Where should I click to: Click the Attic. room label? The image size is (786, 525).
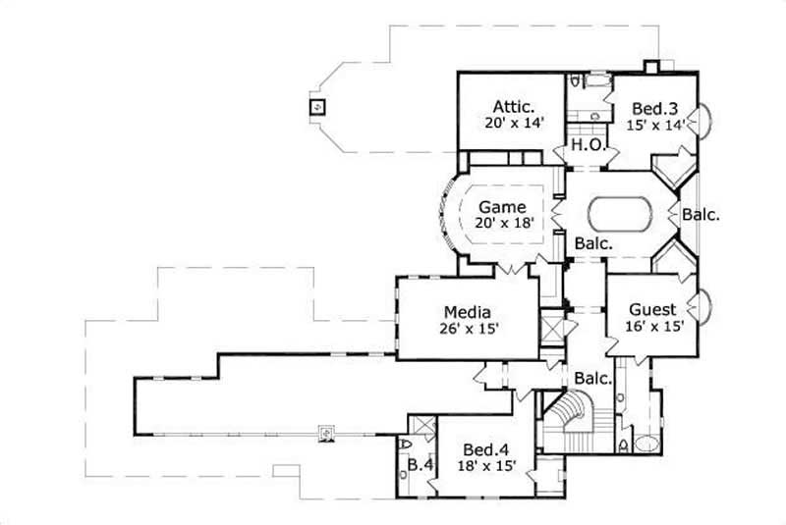point(513,106)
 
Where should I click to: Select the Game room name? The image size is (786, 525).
point(502,207)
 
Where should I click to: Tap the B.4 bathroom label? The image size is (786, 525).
point(421,464)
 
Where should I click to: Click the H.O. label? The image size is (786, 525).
point(588,146)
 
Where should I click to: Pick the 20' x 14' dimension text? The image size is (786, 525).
point(513,124)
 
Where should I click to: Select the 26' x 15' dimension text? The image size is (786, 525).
point(467,329)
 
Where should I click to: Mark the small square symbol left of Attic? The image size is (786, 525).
point(316,107)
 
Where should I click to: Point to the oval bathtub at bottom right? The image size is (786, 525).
point(648,443)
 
